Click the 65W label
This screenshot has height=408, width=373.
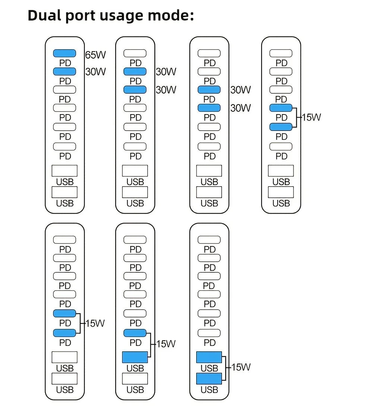tap(95, 55)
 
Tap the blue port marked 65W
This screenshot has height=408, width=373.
tap(65, 53)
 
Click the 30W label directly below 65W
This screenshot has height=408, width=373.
tap(95, 71)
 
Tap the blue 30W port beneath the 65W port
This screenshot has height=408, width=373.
tap(65, 71)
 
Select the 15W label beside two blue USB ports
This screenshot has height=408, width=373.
tap(241, 367)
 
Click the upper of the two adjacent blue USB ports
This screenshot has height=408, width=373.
tap(209, 357)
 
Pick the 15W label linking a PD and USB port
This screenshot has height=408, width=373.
tap(166, 343)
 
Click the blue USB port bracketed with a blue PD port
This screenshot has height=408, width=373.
tap(135, 357)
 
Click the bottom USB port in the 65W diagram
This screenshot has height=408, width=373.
tap(65, 192)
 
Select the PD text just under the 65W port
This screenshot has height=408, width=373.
tap(65, 63)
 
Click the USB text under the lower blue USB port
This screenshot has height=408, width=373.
tap(209, 390)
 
